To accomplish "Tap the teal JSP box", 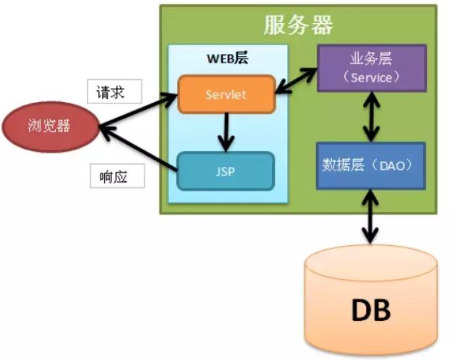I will pos(226,171).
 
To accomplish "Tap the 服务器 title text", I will pos(298,25).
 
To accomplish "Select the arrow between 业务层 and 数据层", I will pos(371,117).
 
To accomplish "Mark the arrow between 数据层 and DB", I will pos(371,216).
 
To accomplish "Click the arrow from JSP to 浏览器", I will pos(137,147).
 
